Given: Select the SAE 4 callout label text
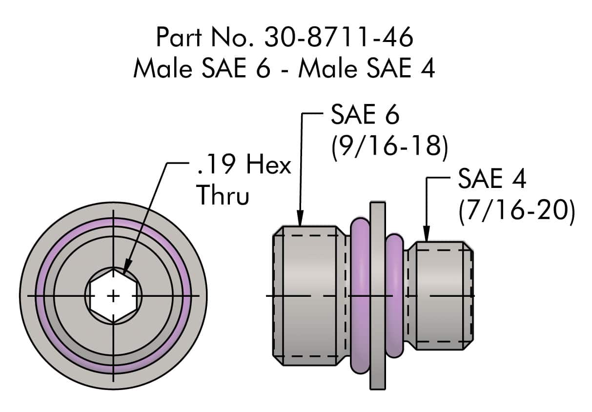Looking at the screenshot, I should (491, 180).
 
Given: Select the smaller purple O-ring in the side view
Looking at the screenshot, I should (394, 296).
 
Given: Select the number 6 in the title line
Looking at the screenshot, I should (262, 69).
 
